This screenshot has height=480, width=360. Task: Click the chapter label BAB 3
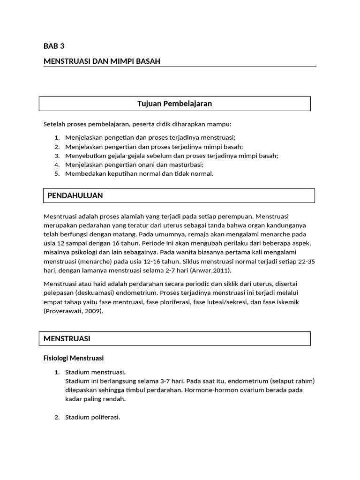point(54,46)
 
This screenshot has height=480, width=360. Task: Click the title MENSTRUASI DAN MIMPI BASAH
point(102,61)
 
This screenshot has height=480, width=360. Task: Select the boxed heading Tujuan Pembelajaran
point(174,104)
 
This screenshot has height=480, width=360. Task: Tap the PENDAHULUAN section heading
point(75,195)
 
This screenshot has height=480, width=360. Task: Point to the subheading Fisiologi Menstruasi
point(73,358)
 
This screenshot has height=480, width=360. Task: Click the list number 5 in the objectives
point(57,173)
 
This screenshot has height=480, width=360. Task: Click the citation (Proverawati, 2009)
point(73,311)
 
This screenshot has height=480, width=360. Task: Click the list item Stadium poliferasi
point(93,417)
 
